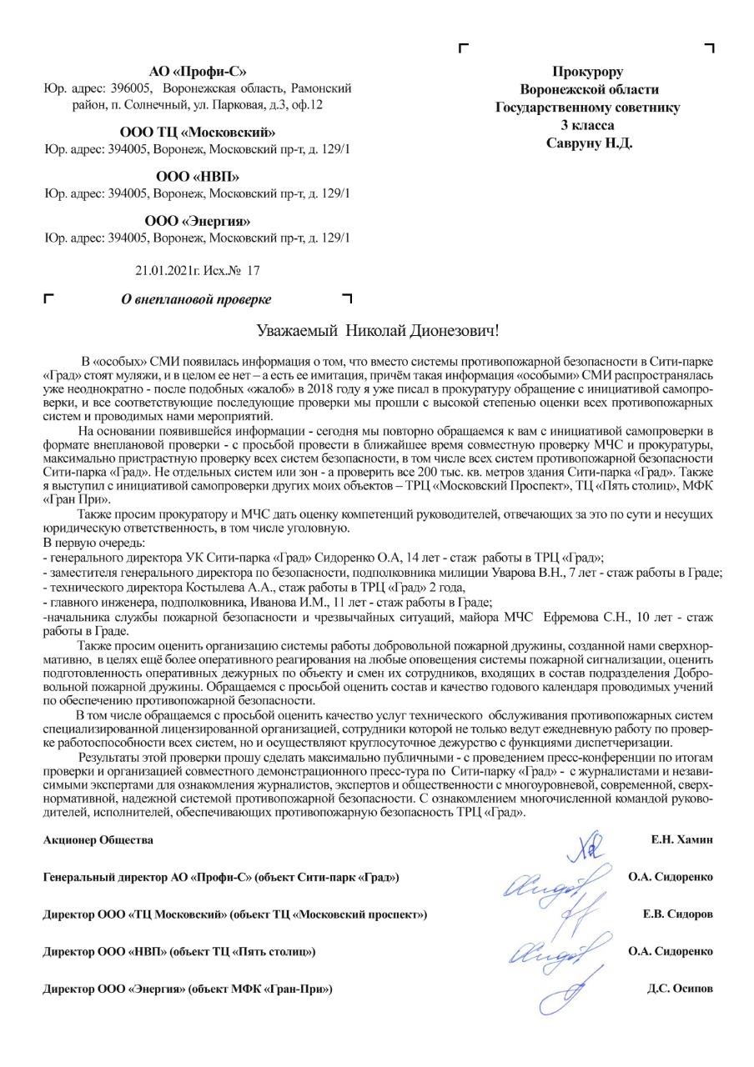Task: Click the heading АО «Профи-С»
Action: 198,71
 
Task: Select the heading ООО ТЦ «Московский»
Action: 198,132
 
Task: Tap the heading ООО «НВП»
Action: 198,177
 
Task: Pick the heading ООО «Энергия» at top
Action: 198,221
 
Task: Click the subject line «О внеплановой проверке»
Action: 197,298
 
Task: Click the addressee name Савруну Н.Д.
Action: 589,143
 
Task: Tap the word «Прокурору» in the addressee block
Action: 588,72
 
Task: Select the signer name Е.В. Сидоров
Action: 677,914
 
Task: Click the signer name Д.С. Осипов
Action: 680,989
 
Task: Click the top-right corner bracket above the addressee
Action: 710,48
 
